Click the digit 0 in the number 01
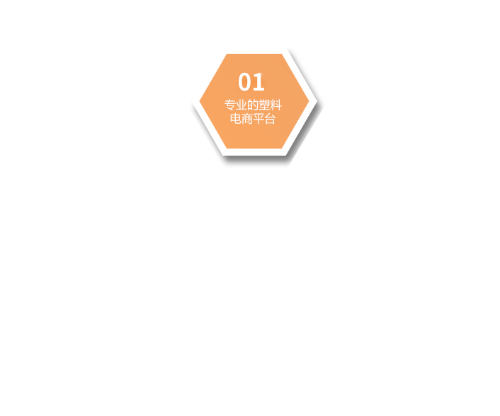[x=244, y=82]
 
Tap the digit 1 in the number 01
[x=259, y=82]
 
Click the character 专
[x=230, y=105]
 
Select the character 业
[x=242, y=105]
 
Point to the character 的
[x=253, y=105]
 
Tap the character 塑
[x=264, y=105]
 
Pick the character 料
[x=275, y=105]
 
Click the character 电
[x=236, y=119]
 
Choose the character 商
[x=247, y=119]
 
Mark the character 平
[x=258, y=119]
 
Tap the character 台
[x=270, y=119]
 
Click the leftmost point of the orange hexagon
[x=200, y=101]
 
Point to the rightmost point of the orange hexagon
[x=309, y=101]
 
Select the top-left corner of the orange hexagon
[x=227, y=54]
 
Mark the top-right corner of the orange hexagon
[x=282, y=54]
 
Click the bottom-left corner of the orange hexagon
[x=227, y=148]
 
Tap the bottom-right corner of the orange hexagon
[x=282, y=148]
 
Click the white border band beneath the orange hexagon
[x=254, y=152]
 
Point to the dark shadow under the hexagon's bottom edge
[x=255, y=159]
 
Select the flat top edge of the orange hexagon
[x=254, y=54]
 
